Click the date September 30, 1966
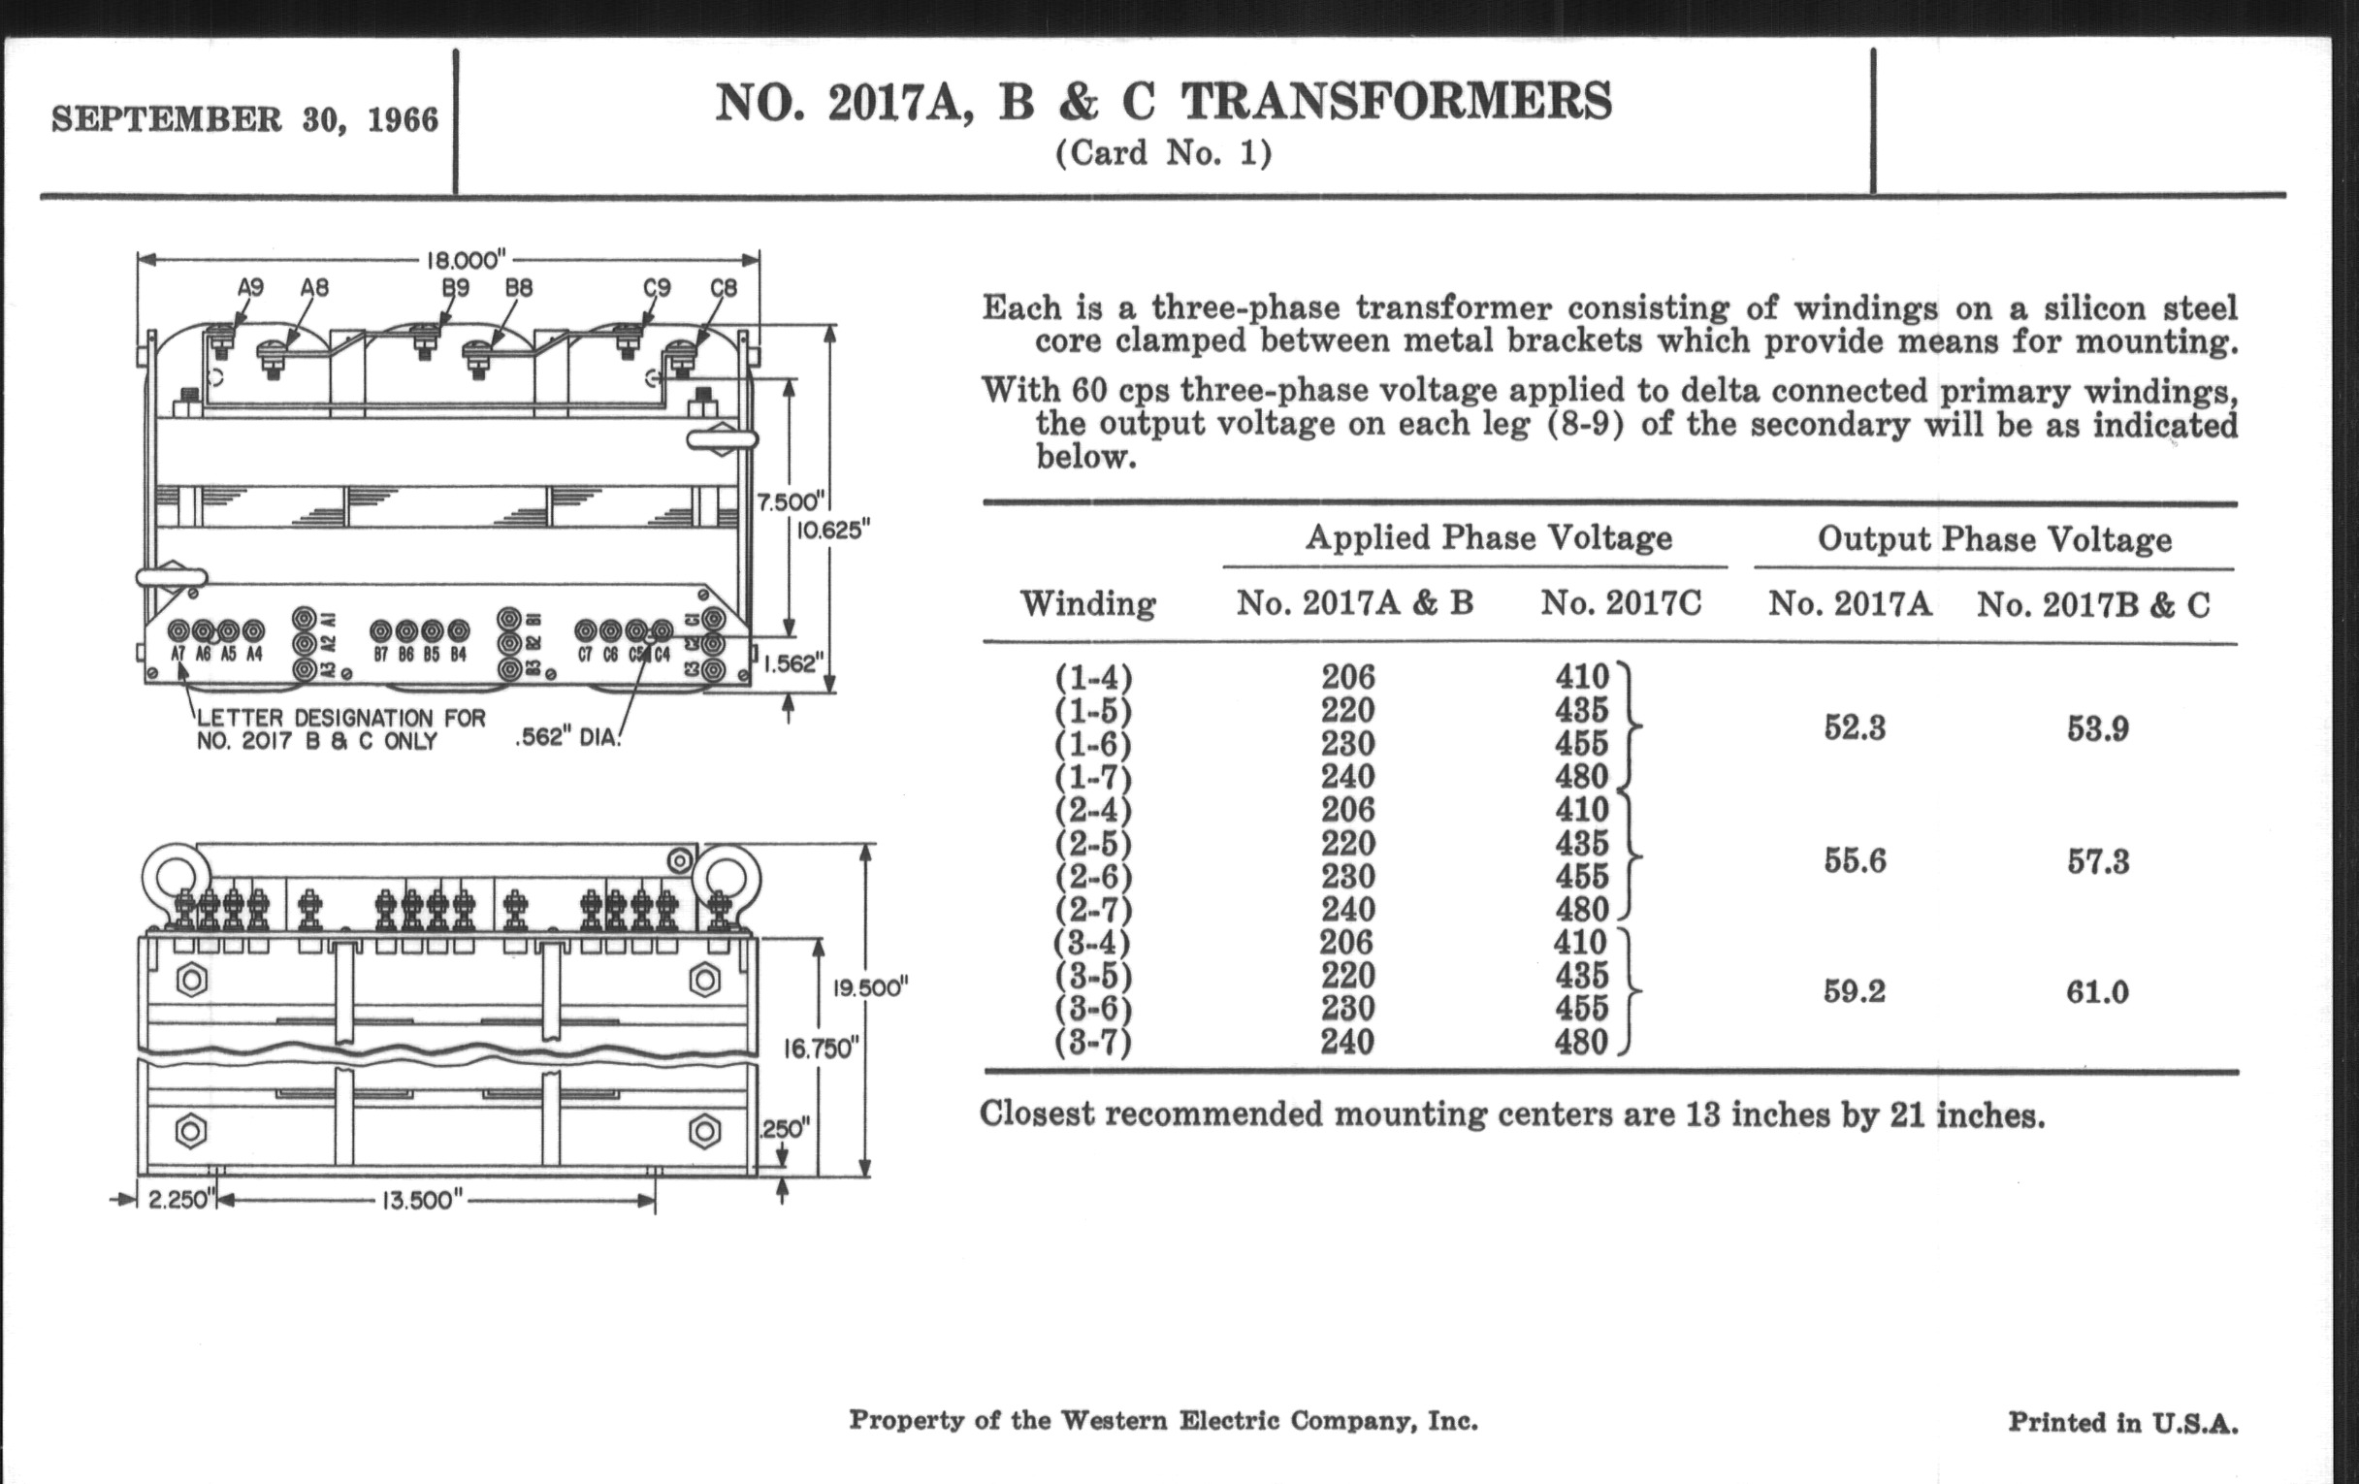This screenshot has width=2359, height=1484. coord(244,119)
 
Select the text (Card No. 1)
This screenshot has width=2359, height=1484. coord(1163,154)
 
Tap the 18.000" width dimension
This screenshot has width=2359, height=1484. coord(466,261)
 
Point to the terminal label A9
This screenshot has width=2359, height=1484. coord(251,288)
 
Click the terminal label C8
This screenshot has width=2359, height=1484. coord(723,288)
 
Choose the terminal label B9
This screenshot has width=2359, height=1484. coord(456,288)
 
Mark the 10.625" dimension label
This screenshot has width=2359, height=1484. coord(832,531)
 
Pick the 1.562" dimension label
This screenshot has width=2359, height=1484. coord(790,664)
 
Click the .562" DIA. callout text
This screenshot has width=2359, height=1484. coord(568,737)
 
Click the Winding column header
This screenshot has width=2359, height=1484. coord(1087,603)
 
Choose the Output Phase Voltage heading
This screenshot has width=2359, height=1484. coord(1994,539)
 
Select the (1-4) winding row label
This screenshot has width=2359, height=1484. coord(1093,677)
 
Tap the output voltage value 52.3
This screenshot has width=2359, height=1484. coord(1855,728)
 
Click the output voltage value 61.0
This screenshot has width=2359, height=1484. coord(2097,993)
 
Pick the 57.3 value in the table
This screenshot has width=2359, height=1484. coord(2097,862)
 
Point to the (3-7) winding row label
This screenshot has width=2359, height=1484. coord(1093,1043)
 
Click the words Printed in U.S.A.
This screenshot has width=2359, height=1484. coord(2123,1422)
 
